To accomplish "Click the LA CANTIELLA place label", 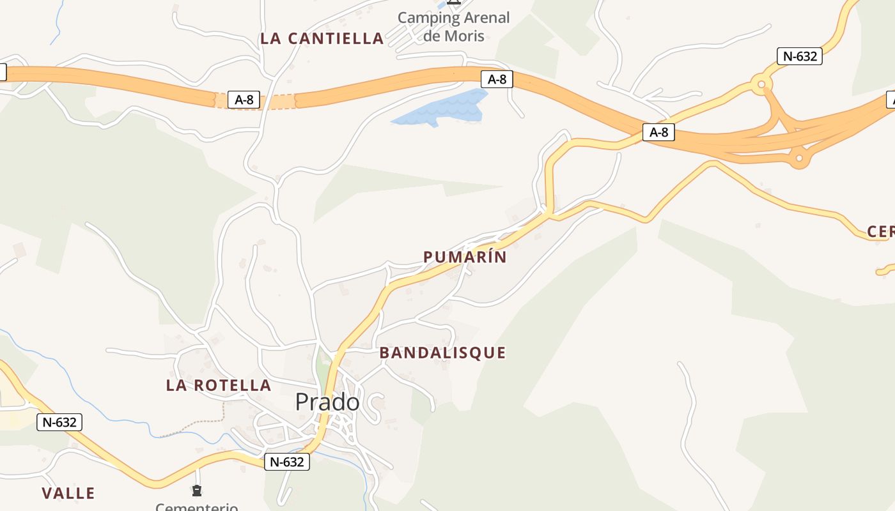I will (322, 38).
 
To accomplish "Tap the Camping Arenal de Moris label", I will (454, 26).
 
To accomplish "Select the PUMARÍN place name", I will (465, 257).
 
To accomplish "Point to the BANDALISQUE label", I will (442, 353).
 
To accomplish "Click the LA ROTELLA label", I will (219, 385).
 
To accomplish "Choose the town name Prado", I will (327, 402).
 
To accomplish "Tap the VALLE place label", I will (68, 493).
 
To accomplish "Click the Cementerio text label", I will (197, 507).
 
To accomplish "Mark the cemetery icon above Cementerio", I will (197, 491).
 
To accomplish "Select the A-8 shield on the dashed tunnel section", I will (244, 100).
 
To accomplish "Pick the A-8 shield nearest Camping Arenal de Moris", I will (497, 79).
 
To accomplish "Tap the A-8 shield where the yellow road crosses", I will (658, 132).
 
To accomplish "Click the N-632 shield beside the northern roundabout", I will (800, 56).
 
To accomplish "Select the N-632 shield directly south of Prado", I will (287, 462).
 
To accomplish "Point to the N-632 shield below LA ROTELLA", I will (59, 422).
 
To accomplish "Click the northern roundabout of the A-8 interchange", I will (761, 84).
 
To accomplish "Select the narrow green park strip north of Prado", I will (322, 364).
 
